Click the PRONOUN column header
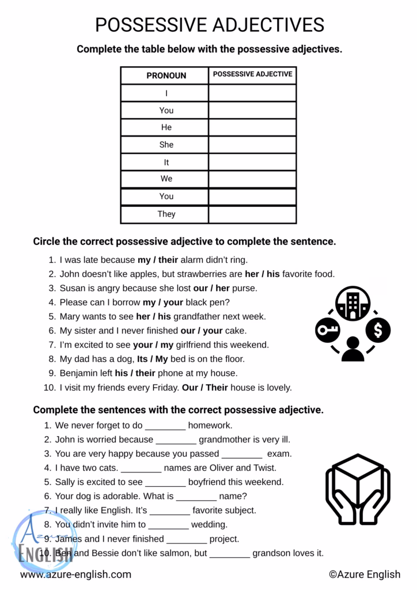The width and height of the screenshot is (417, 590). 166,75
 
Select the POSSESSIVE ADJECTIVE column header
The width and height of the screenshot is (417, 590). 252,74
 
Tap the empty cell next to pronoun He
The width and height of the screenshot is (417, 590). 252,127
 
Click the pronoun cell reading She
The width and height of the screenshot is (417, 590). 166,145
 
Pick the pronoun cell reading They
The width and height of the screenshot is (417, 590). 166,214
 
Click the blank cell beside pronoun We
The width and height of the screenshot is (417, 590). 252,179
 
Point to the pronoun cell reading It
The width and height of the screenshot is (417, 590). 166,162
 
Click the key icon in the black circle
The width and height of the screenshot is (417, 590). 327,330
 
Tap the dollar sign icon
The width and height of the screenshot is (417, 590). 378,330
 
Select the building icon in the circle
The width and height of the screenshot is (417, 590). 352,304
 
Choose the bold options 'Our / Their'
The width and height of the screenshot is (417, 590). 205,388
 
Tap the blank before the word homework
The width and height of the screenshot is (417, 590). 165,426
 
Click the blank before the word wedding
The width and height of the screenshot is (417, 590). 168,525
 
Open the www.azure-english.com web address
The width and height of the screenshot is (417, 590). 75,574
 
